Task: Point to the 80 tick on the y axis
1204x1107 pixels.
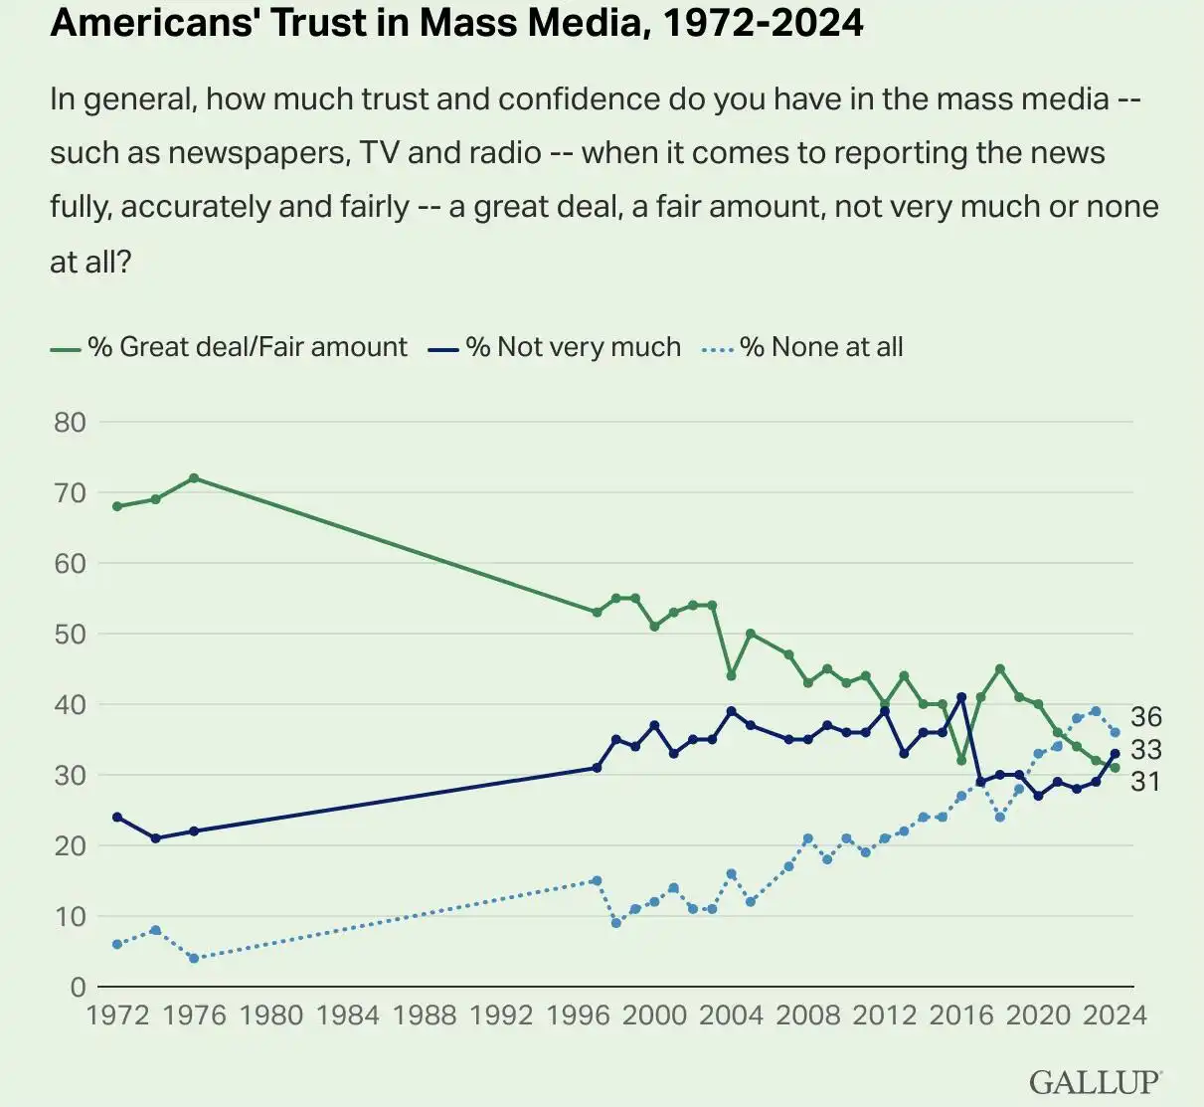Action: [x=70, y=422]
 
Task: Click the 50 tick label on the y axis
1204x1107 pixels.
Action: [x=70, y=634]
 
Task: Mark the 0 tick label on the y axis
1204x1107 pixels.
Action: [x=78, y=987]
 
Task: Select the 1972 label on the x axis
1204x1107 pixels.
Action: [x=117, y=1015]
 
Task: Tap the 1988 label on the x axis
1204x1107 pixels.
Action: [x=425, y=1015]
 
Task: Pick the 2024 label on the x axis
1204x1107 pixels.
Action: [x=1115, y=1015]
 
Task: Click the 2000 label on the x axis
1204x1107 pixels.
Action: [x=654, y=1015]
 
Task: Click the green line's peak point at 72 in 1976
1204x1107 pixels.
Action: [x=194, y=478]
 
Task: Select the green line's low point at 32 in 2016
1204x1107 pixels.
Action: [x=961, y=761]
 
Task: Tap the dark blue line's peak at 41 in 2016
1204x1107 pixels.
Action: [x=961, y=697]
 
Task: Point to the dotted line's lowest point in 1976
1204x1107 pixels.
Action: [x=194, y=959]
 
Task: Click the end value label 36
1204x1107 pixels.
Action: [x=1145, y=717]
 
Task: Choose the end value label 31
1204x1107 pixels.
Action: [x=1145, y=782]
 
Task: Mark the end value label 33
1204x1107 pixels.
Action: [x=1145, y=750]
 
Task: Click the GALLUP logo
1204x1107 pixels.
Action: [x=1095, y=1082]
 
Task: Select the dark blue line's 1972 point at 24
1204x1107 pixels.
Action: [x=117, y=818]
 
